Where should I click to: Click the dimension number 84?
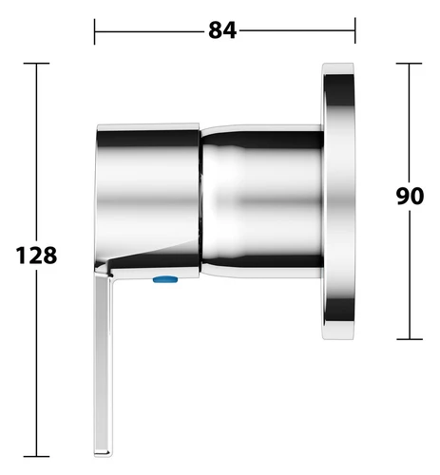point(222,30)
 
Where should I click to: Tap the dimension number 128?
point(36,256)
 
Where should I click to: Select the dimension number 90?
point(410,196)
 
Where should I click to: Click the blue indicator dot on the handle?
point(165,279)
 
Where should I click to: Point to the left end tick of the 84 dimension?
point(94,31)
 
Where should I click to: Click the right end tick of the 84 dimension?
point(355,30)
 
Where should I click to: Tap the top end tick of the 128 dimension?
point(36,64)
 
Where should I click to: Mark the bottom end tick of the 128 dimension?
point(36,456)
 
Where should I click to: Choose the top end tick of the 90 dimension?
point(409,64)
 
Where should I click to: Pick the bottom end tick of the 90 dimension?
point(410,339)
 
